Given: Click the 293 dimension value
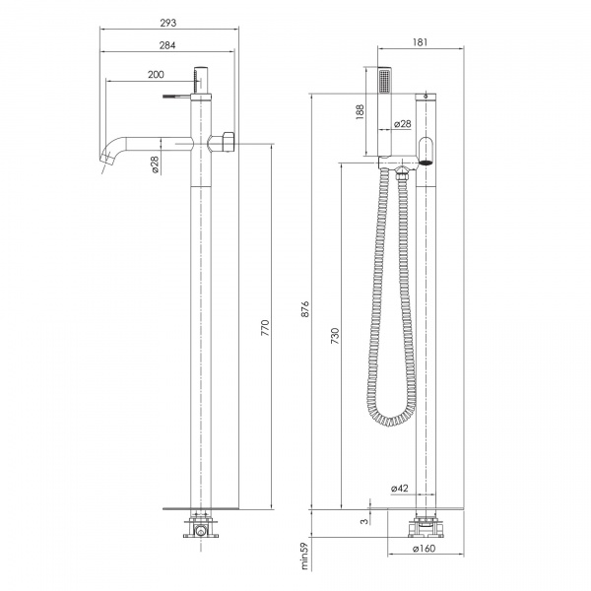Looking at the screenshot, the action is tap(168, 23).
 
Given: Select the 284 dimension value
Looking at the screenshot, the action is tap(167, 45).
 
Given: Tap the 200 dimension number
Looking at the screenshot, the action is tap(156, 75).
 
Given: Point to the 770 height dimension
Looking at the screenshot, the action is tap(265, 328).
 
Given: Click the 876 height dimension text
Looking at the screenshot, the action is tap(305, 308).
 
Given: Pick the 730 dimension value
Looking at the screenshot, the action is tap(335, 336).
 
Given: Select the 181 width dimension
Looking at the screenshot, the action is tap(420, 42).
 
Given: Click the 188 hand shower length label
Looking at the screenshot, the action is tap(360, 112).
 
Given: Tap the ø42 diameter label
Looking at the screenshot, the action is tap(400, 489).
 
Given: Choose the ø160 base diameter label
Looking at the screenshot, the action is tap(424, 549).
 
